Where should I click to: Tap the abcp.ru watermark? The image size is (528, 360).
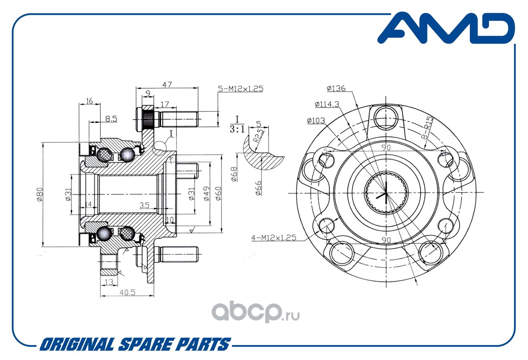pos(255,312)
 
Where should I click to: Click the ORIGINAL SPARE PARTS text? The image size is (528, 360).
pos(135,344)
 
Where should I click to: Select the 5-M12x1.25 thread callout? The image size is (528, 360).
pos(240,89)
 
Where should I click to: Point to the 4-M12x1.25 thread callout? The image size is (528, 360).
pos(273,237)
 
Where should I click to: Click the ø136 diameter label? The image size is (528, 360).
pos(336,88)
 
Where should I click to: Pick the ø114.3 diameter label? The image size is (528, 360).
pos(327,104)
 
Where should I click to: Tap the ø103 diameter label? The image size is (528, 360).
pos(316,121)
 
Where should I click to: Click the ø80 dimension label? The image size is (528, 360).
pos(40,194)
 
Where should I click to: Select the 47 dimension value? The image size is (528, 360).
pos(167,85)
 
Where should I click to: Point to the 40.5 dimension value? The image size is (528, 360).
pos(127,293)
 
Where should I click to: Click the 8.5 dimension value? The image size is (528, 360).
pos(111,118)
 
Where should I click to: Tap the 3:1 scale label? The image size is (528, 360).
pos(237,129)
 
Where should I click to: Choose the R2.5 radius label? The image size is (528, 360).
pos(258,136)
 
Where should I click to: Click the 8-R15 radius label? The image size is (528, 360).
pos(428,128)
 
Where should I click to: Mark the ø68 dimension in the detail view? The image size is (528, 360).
pos(234,175)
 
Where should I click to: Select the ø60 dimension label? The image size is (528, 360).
pos(219,194)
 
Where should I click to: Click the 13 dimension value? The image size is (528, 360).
pos(109,282)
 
